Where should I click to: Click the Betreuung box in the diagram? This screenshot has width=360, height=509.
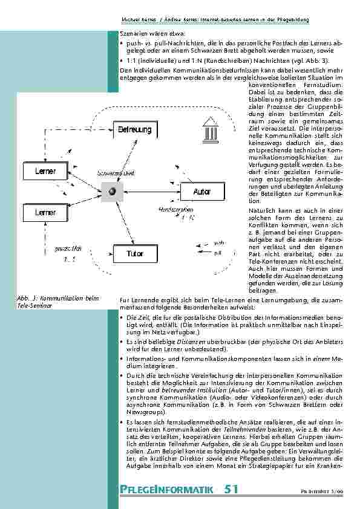[130, 129]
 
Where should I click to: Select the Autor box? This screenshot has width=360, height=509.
[201, 192]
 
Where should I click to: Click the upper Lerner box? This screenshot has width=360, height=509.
[45, 171]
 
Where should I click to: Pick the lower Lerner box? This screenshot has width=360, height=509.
[45, 213]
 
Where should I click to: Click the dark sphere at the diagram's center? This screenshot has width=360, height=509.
[111, 192]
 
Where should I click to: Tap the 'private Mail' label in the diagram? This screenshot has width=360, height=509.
[68, 248]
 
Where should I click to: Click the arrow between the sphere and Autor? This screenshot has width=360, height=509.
[154, 192]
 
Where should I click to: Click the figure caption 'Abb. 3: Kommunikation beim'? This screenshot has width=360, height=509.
[57, 299]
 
